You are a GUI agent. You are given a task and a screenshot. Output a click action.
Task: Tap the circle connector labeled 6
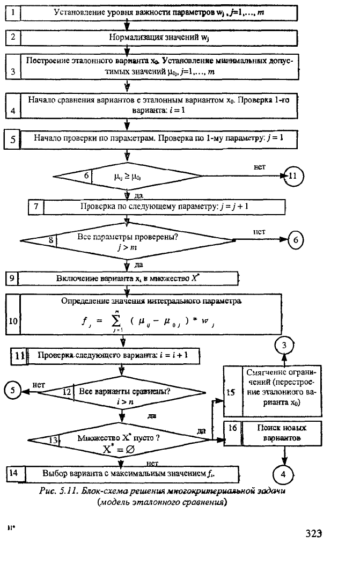pos(296,240)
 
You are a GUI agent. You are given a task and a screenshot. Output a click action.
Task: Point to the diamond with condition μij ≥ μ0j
pos(127,175)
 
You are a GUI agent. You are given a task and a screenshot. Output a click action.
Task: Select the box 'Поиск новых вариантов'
pos(273,433)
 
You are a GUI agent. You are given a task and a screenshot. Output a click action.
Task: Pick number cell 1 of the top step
pos(13,12)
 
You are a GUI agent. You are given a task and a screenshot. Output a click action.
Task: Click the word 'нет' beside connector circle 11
pos(260,167)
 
